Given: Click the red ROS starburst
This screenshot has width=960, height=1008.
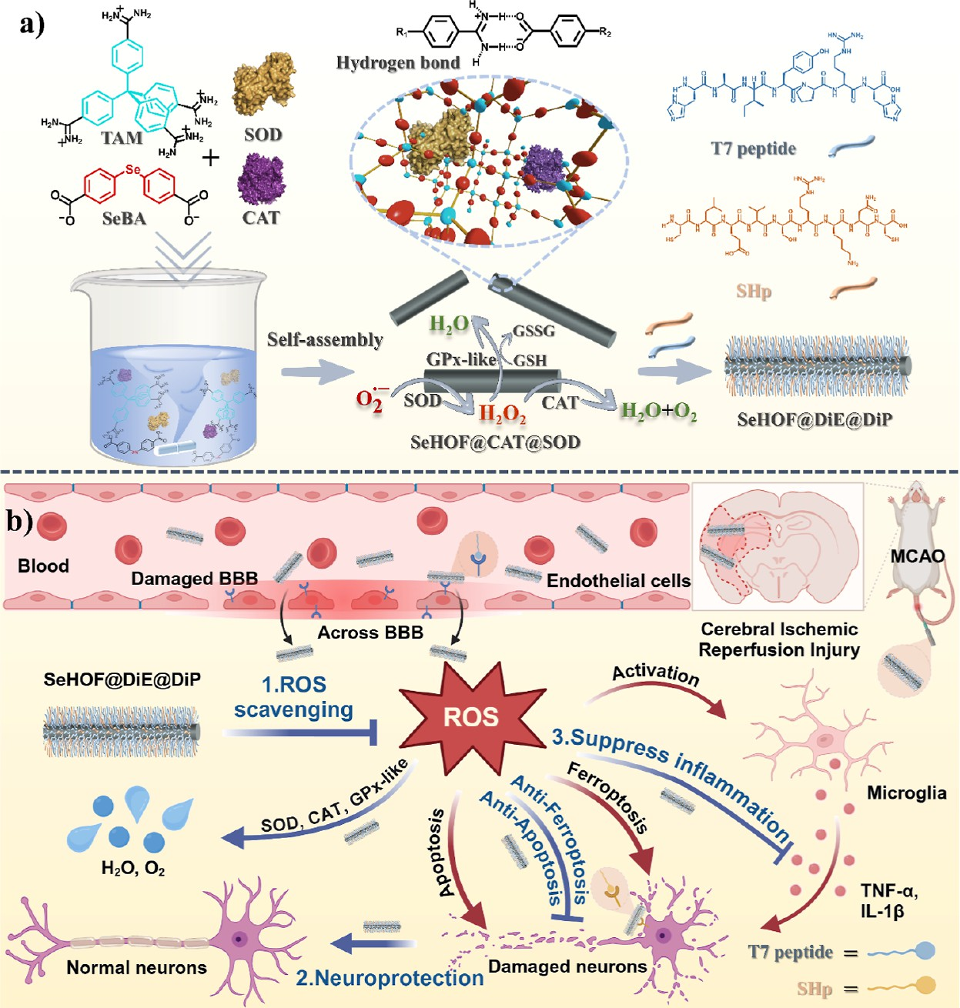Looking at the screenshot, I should pyautogui.click(x=471, y=717).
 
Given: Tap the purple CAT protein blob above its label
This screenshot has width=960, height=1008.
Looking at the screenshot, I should pyautogui.click(x=261, y=178).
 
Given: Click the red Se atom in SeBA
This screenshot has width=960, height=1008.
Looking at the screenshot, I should pyautogui.click(x=133, y=169).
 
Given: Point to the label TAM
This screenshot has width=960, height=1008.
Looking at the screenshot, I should pyautogui.click(x=122, y=139).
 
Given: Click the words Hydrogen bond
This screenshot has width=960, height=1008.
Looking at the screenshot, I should pyautogui.click(x=397, y=63).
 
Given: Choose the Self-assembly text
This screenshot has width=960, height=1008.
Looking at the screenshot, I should pyautogui.click(x=325, y=339).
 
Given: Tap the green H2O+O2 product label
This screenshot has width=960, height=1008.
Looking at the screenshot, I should pyautogui.click(x=658, y=412).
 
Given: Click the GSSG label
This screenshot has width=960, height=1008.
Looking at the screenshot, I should pyautogui.click(x=534, y=331).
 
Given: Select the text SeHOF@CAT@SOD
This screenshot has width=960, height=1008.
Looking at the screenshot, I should pyautogui.click(x=495, y=442).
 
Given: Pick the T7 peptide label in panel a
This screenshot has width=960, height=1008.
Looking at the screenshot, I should pyautogui.click(x=753, y=149).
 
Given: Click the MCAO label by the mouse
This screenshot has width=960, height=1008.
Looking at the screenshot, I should pyautogui.click(x=917, y=556).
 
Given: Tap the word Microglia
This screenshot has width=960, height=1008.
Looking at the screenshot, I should pyautogui.click(x=906, y=793).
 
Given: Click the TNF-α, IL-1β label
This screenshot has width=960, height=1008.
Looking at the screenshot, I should pyautogui.click(x=888, y=901).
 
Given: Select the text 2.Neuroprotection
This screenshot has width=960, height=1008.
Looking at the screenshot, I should pyautogui.click(x=390, y=978).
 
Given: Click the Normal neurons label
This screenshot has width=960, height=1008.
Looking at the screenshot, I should pyautogui.click(x=136, y=968).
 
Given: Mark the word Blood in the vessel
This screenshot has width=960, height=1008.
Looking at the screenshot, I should pyautogui.click(x=43, y=566).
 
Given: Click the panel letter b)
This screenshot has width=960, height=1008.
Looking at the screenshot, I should pyautogui.click(x=18, y=522).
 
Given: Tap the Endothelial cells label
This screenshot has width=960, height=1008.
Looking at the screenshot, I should pyautogui.click(x=618, y=581).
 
